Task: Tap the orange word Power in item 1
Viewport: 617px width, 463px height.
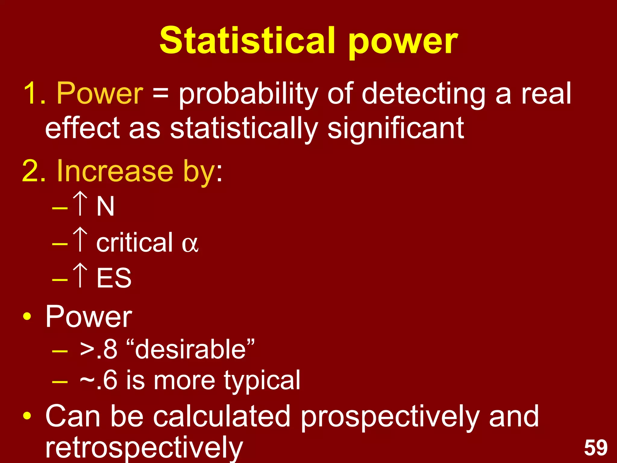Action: pos(100,93)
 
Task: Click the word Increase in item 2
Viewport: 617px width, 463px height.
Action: pos(115,171)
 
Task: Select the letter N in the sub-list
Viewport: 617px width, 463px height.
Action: pos(105,206)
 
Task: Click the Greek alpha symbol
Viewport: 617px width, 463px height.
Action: pos(190,244)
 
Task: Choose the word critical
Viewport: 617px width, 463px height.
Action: pos(134,242)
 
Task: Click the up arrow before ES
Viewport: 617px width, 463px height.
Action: pos(80,275)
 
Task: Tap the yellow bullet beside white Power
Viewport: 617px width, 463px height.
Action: pos(27,317)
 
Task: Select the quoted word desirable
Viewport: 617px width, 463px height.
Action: pos(190,349)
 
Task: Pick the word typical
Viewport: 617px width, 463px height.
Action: pos(262,380)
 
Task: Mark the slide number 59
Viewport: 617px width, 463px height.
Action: pos(595,448)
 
